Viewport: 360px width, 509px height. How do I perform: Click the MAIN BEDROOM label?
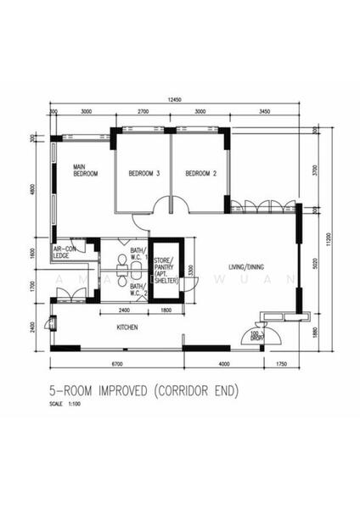pos(85,170)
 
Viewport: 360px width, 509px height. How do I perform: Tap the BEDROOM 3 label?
pos(144,173)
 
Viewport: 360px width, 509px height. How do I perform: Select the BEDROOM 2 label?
pos(202,173)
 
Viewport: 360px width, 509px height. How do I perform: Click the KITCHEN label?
pos(128,327)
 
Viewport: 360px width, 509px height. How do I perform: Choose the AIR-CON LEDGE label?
pos(65,251)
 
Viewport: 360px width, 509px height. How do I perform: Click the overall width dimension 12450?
pos(174,101)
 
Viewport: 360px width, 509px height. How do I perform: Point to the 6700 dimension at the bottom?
pos(116,365)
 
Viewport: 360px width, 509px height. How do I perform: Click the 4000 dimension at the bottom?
pos(225,365)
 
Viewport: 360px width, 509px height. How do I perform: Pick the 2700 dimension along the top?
pos(143,111)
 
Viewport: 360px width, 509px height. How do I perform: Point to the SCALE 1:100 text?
pos(70,404)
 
